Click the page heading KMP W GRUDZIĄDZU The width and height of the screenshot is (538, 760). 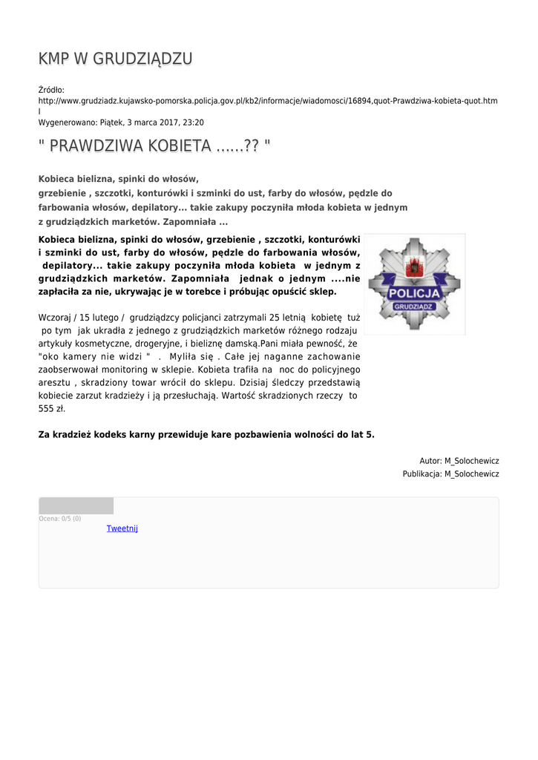click(115, 59)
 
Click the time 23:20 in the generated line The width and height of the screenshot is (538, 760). click(193, 122)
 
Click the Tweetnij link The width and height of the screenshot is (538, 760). click(122, 528)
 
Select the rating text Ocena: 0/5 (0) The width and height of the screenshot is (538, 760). click(59, 518)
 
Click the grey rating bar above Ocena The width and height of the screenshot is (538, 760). click(76, 506)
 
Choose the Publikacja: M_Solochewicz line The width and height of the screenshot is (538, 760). click(450, 474)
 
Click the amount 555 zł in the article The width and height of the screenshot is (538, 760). click(52, 408)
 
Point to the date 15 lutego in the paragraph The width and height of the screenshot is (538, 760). click(101, 317)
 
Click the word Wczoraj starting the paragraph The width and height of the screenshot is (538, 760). click(56, 317)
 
